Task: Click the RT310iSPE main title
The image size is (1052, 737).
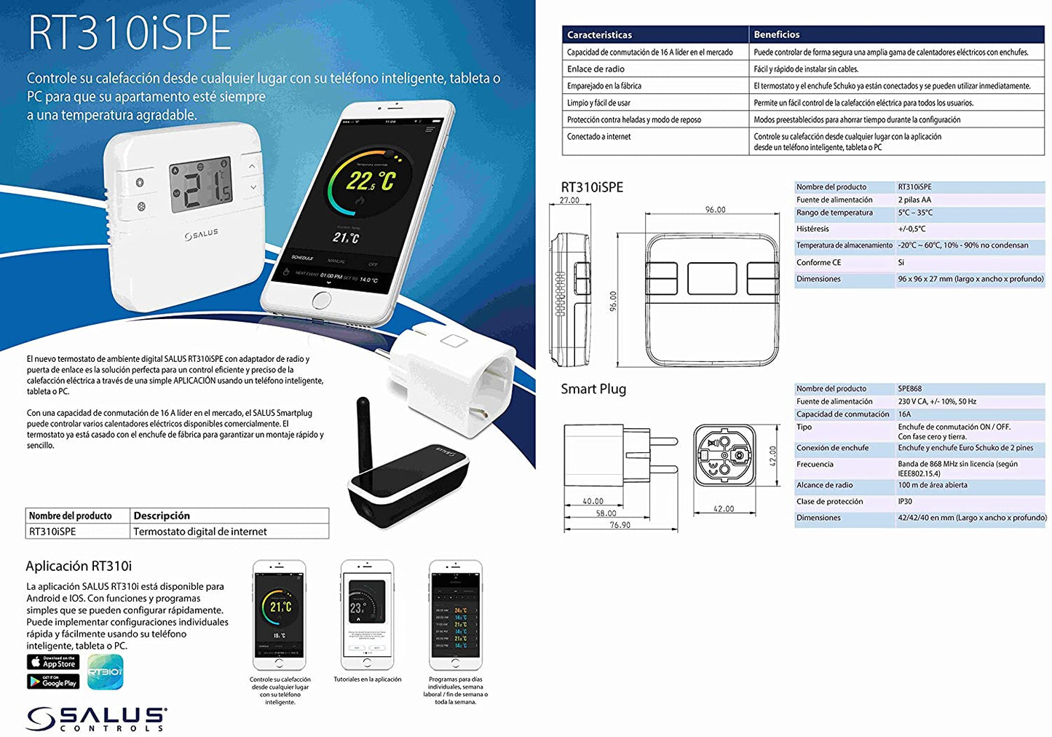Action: point(129,33)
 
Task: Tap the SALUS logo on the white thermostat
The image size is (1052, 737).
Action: point(201,234)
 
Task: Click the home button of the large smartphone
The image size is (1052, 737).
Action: point(321,300)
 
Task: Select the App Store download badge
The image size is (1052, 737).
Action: point(53,662)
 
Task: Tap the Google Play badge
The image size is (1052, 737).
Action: point(53,682)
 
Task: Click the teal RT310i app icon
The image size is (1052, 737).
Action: point(105,671)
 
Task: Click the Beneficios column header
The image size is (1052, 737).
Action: point(776,34)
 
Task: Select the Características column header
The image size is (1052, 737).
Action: point(599,35)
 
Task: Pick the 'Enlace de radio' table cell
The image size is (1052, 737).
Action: point(596,69)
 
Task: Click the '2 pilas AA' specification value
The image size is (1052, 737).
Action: point(914,200)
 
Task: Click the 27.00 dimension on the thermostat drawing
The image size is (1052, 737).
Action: point(569,200)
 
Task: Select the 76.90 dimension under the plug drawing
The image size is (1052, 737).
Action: point(620,525)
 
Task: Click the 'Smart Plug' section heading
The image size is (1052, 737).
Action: point(593,389)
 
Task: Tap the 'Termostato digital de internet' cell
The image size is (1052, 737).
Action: point(200,532)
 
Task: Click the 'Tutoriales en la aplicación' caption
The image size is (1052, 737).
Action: point(367,679)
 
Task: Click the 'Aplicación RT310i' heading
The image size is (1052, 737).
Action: point(79,566)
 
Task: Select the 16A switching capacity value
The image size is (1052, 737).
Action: point(904,414)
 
